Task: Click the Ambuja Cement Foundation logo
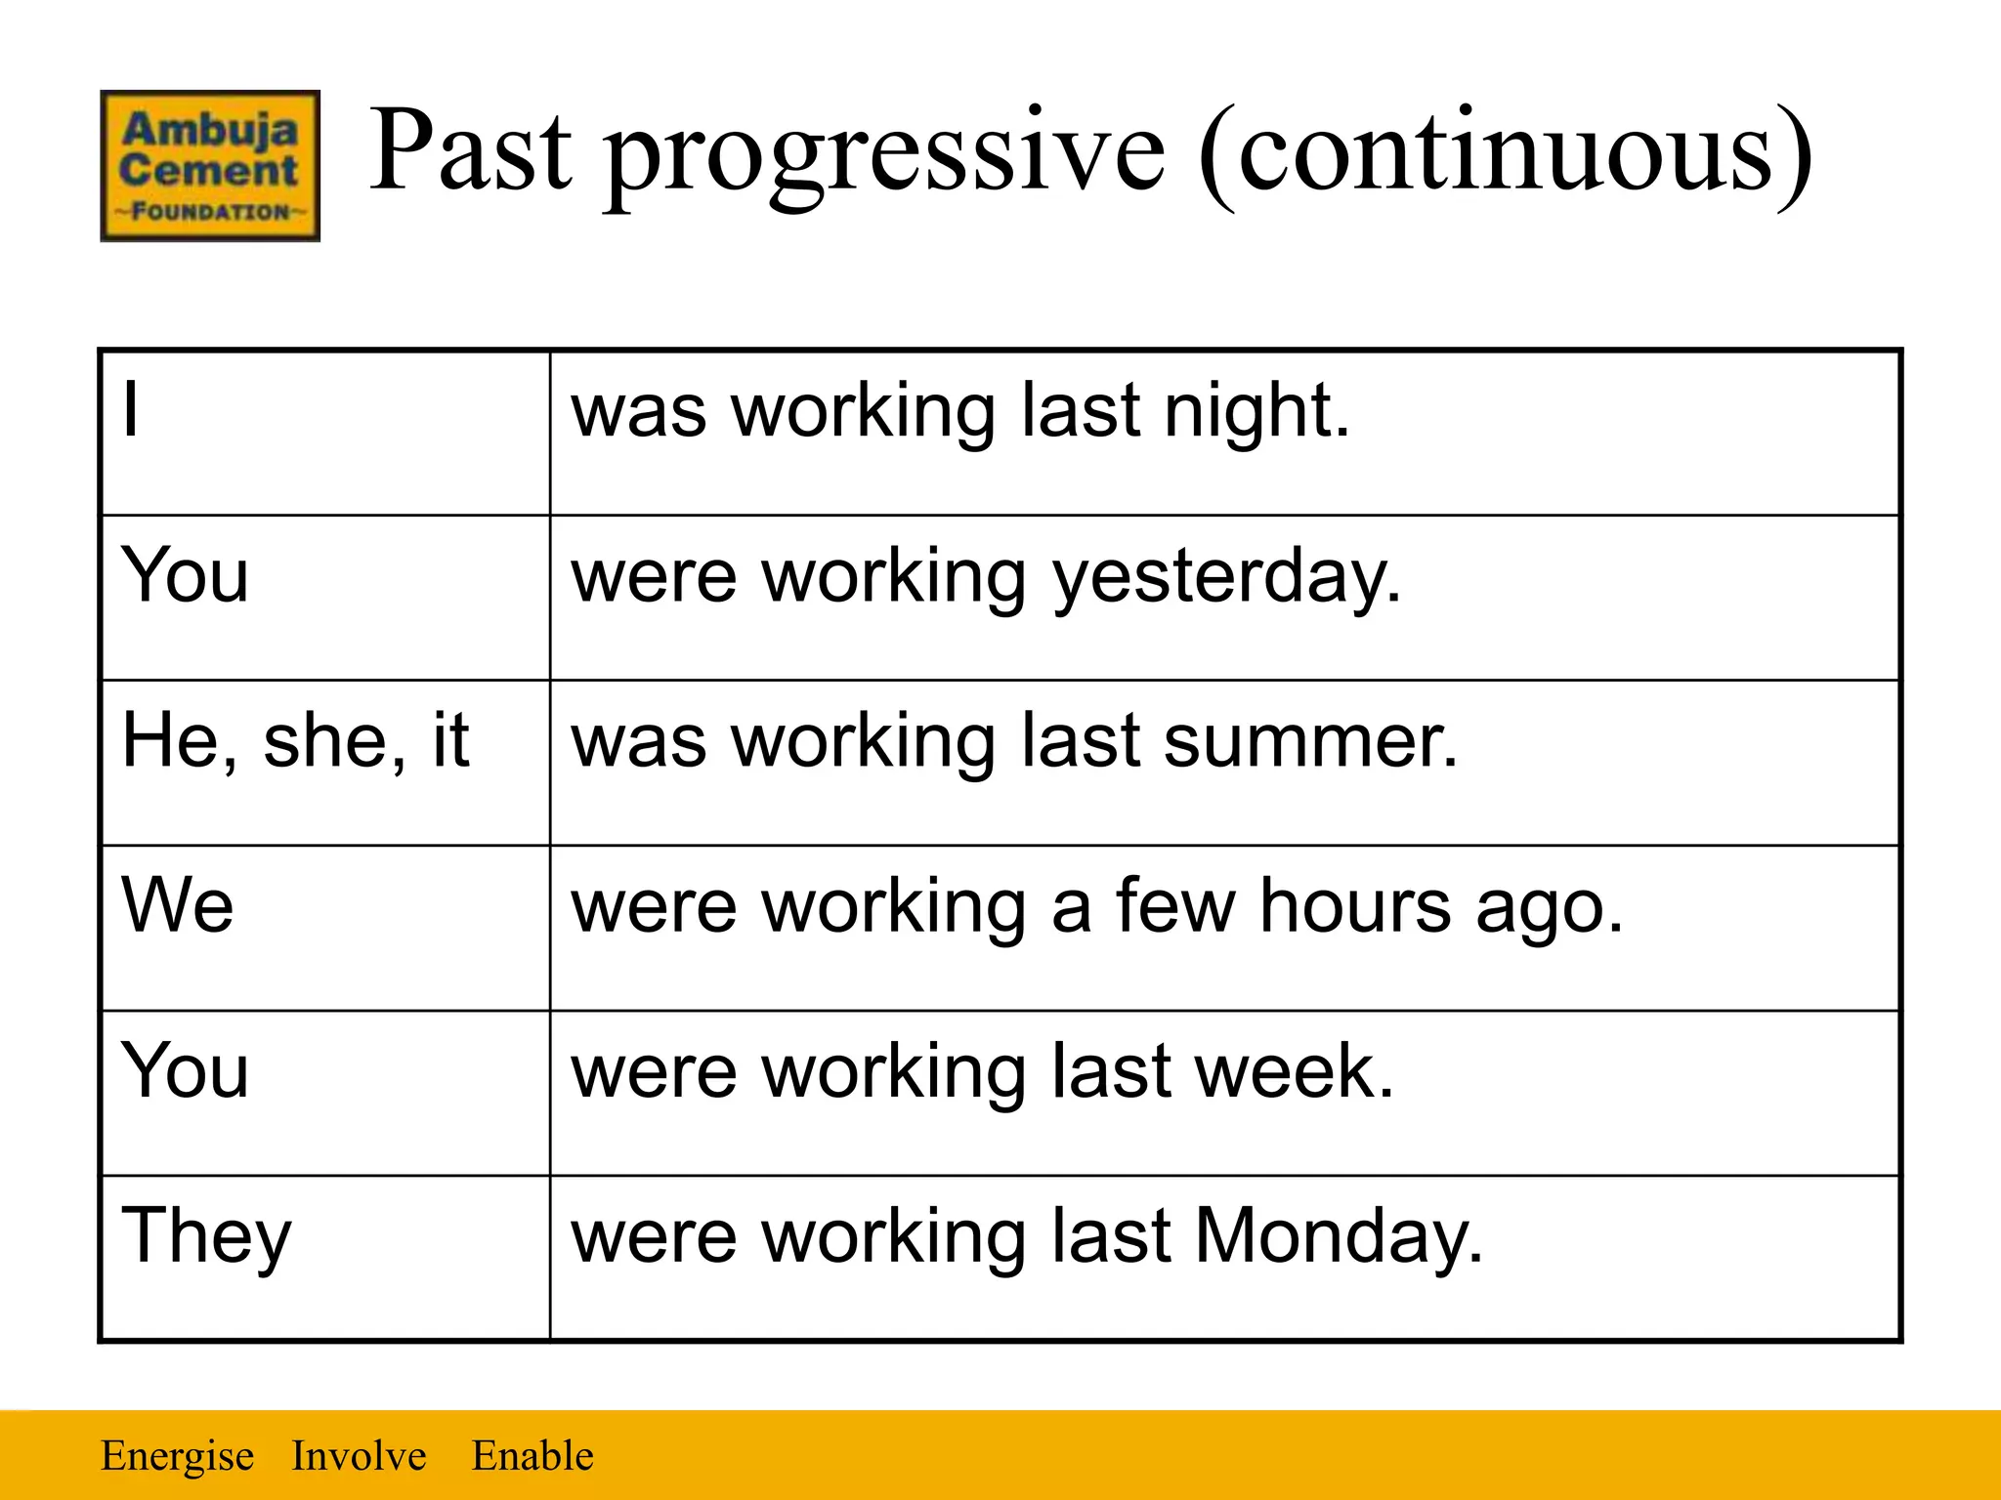click(210, 166)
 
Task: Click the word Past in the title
click(469, 151)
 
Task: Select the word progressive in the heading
click(884, 156)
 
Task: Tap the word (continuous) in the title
click(1505, 156)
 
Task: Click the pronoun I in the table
click(131, 410)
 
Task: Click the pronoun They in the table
click(206, 1236)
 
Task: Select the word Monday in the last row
click(1339, 1236)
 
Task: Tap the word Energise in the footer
click(177, 1456)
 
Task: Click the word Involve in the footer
click(359, 1456)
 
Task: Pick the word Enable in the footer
click(532, 1456)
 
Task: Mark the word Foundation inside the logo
click(210, 212)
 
